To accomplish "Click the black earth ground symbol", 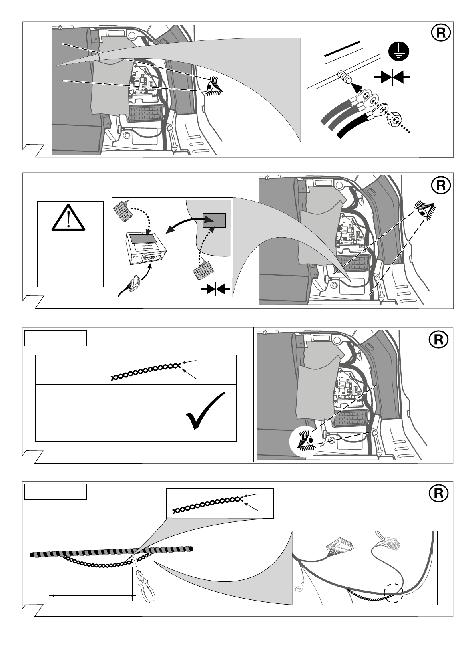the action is point(398,52).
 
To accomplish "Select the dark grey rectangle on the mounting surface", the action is point(214,220).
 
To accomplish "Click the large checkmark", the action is point(206,411).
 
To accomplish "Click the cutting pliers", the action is point(145,585).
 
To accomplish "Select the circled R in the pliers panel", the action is point(438,494).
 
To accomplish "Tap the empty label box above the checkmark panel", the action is point(56,338).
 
